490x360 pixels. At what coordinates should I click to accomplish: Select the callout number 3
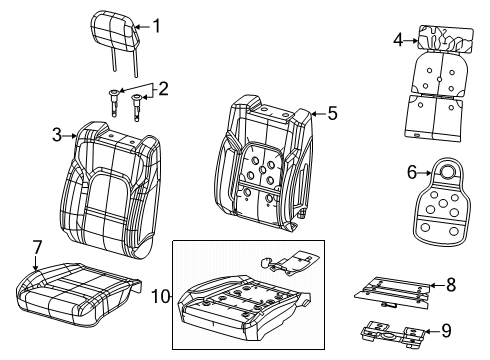tap(57, 135)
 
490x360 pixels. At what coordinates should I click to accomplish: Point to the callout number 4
tap(397, 40)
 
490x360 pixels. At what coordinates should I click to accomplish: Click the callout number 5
tap(332, 114)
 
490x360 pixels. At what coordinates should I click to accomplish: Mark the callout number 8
tap(450, 286)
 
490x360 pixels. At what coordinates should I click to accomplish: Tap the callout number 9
tap(449, 332)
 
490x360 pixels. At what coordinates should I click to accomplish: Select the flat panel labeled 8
tap(393, 290)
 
